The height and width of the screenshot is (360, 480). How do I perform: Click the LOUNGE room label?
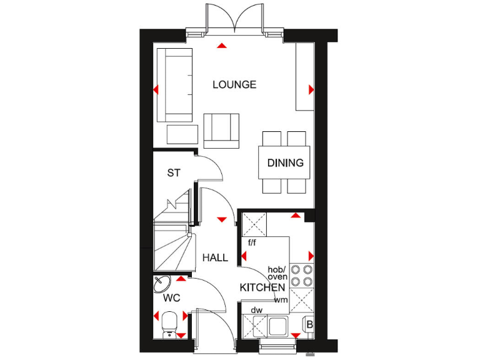point(234,84)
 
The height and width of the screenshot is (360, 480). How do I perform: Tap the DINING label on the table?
point(286,162)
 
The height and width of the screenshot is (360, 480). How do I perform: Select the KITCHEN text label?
point(262,287)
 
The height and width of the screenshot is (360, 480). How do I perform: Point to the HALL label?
point(214,257)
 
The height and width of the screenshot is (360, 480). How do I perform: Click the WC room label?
point(172,298)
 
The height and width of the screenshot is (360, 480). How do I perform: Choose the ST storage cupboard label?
point(174,173)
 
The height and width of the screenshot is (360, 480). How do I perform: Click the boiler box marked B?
point(307,324)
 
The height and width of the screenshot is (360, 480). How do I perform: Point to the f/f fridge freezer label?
point(253,242)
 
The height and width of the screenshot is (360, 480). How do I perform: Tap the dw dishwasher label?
point(256,309)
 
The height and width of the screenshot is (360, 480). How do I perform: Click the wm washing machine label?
point(280,300)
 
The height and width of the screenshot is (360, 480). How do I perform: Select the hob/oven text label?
point(277,273)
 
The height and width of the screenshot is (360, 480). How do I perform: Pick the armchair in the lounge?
point(221,131)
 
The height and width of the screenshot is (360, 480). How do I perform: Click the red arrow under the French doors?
point(221,45)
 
